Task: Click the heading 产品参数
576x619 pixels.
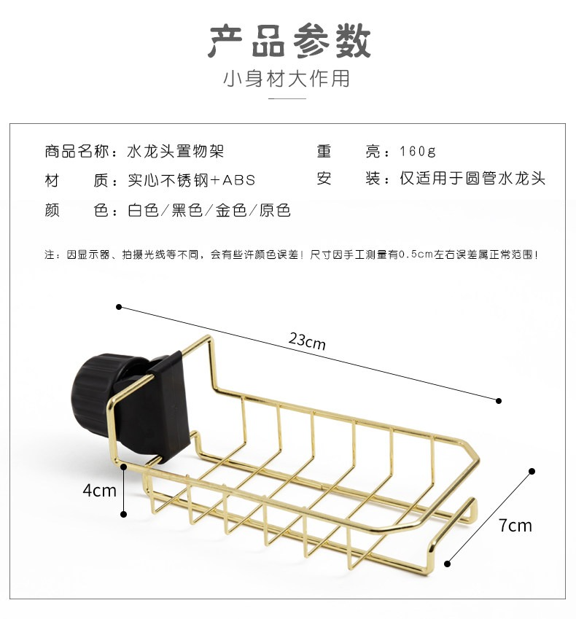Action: pos(289,41)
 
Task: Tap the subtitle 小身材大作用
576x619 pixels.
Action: pos(287,78)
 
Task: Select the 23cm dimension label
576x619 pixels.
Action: pos(307,340)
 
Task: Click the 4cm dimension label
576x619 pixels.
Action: pos(99,490)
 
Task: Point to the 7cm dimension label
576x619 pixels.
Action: pos(515,525)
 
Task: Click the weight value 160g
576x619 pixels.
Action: pos(417,151)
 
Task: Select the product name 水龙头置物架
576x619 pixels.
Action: pos(176,151)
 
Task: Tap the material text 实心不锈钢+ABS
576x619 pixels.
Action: pos(192,180)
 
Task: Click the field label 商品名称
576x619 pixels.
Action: pos(77,151)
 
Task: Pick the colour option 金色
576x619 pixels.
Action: pos(231,210)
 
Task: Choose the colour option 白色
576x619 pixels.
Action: pos(143,210)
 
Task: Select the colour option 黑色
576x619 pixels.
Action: pos(187,210)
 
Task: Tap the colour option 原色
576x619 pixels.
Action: pos(275,210)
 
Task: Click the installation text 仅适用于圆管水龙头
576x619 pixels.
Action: pos(472,179)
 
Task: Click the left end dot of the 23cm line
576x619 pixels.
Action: pos(119,307)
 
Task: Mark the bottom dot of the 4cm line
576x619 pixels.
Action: pos(123,514)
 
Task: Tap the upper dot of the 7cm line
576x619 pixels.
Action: pos(532,471)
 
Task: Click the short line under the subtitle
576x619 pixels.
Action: pos(287,98)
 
